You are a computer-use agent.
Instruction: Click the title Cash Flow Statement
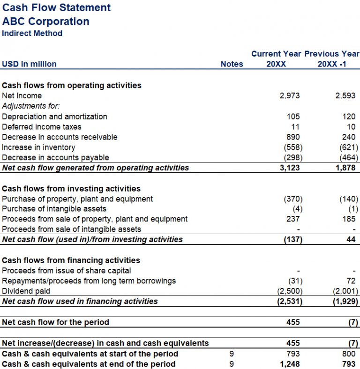[x=56, y=7]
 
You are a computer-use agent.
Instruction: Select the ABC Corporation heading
[x=45, y=21]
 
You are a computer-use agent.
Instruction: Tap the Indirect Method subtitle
[x=32, y=33]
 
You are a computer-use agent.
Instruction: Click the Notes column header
[x=232, y=64]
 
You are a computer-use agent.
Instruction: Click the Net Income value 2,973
[x=289, y=96]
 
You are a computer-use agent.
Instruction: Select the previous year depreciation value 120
[x=349, y=117]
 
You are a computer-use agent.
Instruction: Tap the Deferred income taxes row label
[x=42, y=127]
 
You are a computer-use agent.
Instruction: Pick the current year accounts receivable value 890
[x=293, y=137]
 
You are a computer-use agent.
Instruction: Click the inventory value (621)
[x=347, y=148]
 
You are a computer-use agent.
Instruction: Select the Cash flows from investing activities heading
[x=71, y=189]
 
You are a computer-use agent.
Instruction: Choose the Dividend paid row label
[x=26, y=291]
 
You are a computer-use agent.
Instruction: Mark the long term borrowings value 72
[x=351, y=281]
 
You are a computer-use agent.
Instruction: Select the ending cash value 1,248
[x=289, y=364]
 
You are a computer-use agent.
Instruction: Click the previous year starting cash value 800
[x=349, y=354]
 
